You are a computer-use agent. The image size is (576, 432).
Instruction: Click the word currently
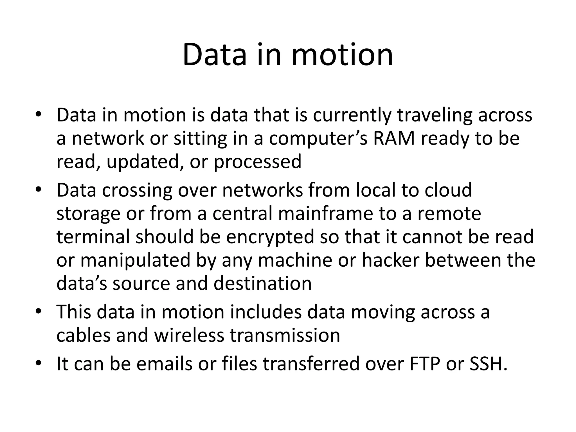click(x=352, y=115)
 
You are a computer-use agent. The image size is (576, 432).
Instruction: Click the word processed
click(x=257, y=162)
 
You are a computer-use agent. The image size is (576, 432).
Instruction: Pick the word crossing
click(x=137, y=190)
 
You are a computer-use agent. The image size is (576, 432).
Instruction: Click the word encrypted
click(x=270, y=237)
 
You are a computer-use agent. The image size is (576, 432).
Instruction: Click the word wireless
click(x=189, y=335)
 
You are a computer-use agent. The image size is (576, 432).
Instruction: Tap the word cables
click(x=84, y=335)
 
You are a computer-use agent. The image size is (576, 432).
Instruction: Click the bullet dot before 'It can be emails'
click(x=39, y=363)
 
